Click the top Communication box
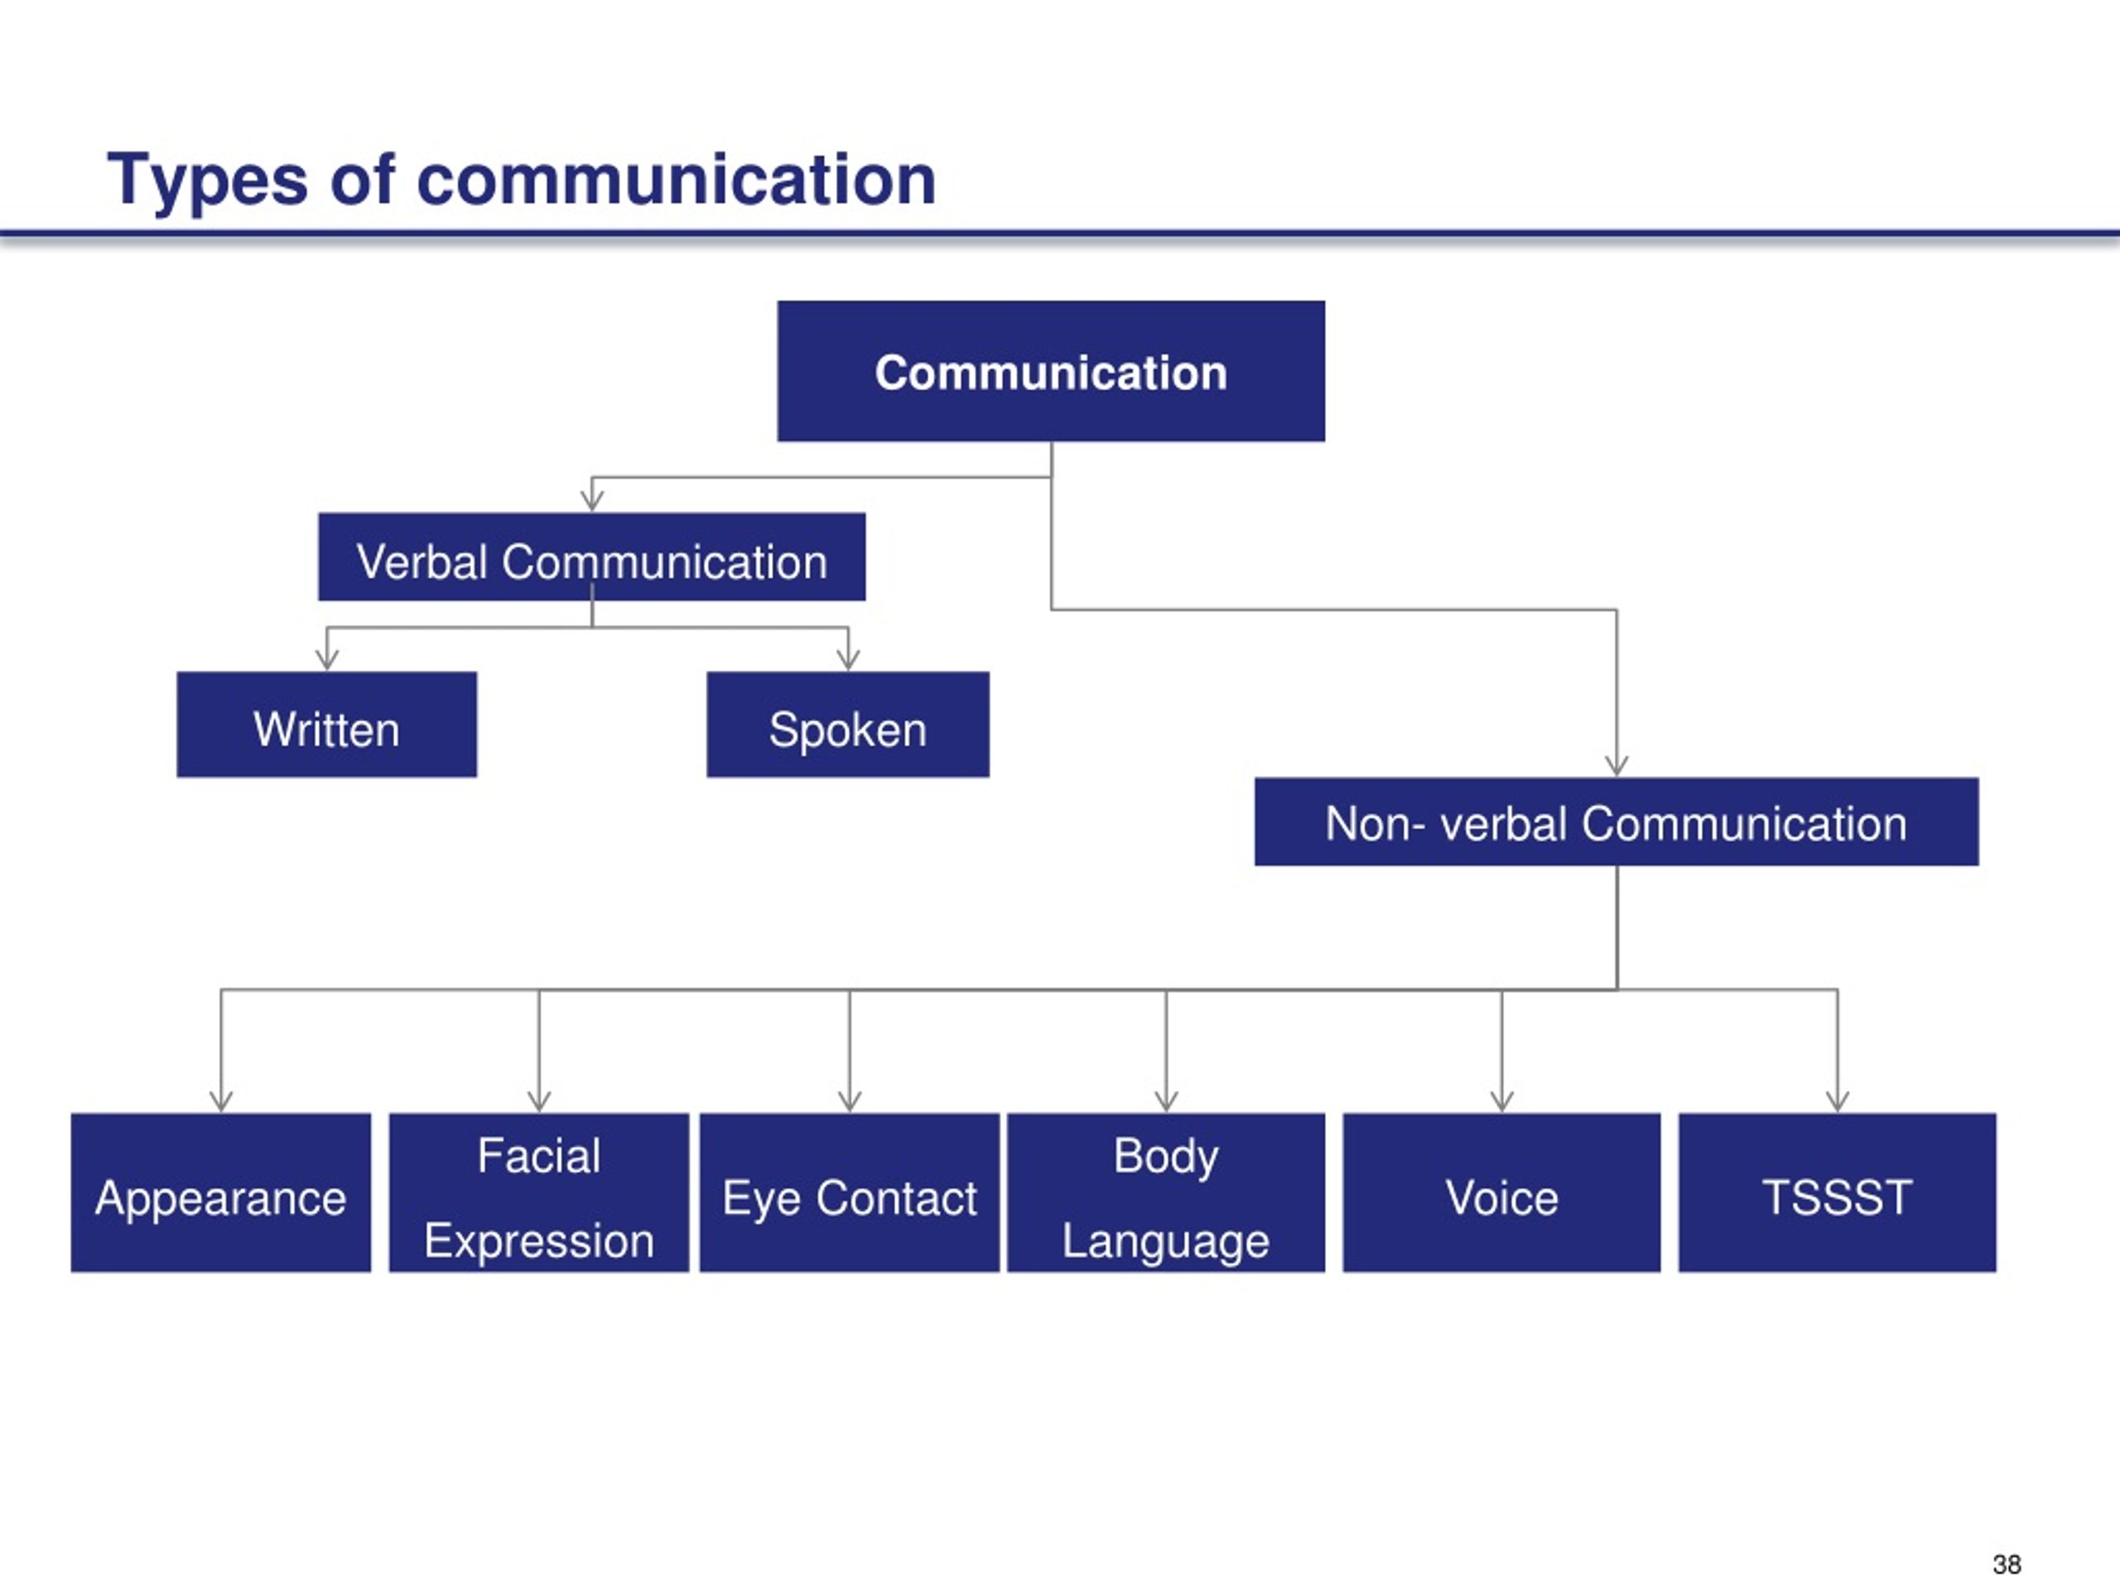point(1052,371)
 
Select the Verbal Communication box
point(591,556)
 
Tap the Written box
point(327,725)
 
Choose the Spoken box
point(848,725)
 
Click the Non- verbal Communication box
point(1616,821)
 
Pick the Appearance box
point(221,1192)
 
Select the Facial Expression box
point(538,1192)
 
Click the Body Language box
point(1166,1192)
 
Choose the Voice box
point(1502,1192)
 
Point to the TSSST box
point(1838,1192)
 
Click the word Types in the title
point(207,181)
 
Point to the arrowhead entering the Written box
point(327,658)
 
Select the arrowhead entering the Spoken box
point(848,658)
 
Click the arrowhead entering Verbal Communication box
point(592,499)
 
